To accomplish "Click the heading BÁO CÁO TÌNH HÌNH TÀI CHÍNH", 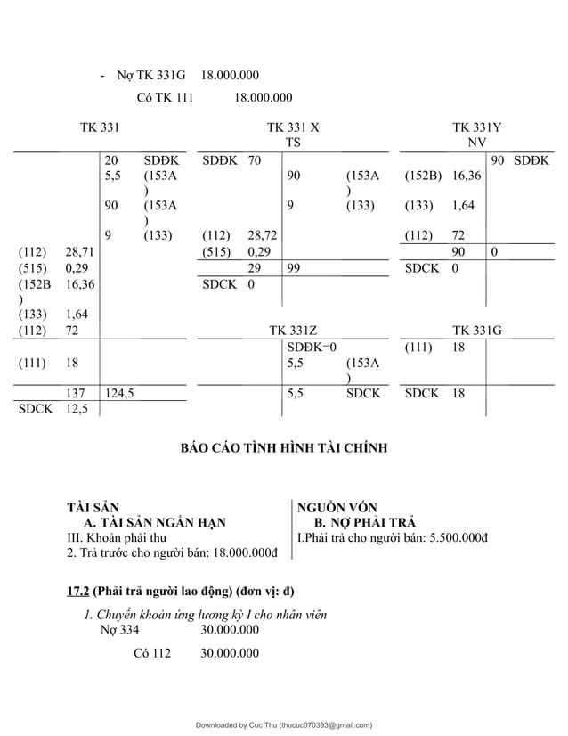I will click(284, 448).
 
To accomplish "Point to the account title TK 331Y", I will click(476, 128).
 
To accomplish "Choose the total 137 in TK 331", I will click(77, 392).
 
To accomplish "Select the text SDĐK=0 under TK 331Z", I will click(311, 346).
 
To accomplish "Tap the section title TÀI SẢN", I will click(93, 507).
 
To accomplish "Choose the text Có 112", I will click(151, 653).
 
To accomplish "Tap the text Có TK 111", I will click(165, 98).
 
